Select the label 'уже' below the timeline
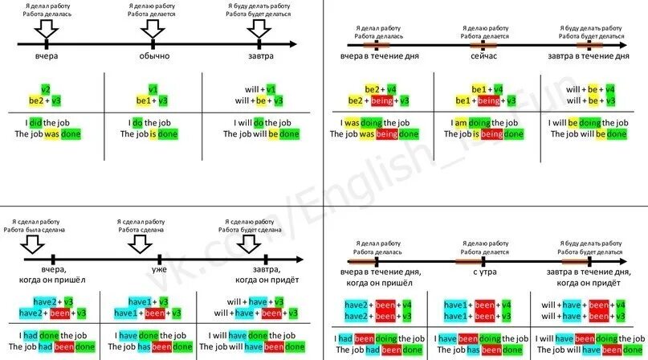(159, 271)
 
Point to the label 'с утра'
(483, 272)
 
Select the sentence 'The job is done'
(149, 134)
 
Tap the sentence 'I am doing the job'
(482, 122)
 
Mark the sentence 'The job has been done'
(149, 347)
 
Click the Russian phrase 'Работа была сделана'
(35, 229)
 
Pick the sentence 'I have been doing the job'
(482, 338)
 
